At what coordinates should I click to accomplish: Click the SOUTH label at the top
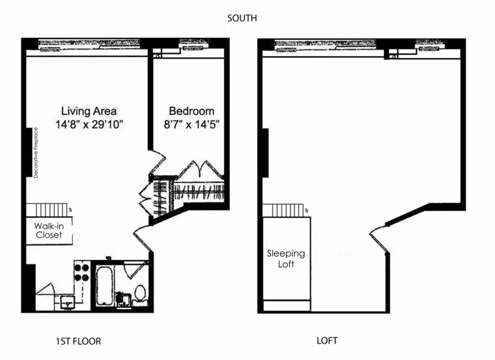pyautogui.click(x=242, y=19)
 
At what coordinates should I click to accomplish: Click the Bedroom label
pyautogui.click(x=191, y=111)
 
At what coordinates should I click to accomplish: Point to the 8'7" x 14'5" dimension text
pyautogui.click(x=191, y=125)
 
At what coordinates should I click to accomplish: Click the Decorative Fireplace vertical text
pyautogui.click(x=36, y=152)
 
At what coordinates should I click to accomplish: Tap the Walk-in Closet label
pyautogui.click(x=48, y=230)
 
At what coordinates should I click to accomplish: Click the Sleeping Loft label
pyautogui.click(x=286, y=259)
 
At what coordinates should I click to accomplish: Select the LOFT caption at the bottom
pyautogui.click(x=327, y=341)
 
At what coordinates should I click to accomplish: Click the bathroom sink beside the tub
pyautogui.click(x=124, y=298)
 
